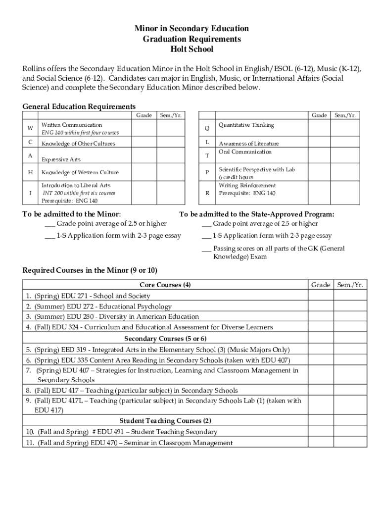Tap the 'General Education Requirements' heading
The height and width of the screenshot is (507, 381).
(79, 106)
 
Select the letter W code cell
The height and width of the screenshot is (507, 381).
(31, 128)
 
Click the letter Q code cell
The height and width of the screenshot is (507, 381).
(207, 128)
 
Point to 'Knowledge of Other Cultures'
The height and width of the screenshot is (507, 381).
(78, 144)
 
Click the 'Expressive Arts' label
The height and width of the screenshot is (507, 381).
(61, 159)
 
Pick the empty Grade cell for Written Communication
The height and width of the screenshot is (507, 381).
(144, 128)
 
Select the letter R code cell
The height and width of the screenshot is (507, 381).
(207, 193)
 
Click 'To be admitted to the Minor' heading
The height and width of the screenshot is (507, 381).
(72, 214)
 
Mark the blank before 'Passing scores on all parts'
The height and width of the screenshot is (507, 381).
(206, 249)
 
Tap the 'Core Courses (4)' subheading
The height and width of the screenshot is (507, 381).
(165, 285)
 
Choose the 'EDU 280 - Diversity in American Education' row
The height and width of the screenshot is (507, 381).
(117, 316)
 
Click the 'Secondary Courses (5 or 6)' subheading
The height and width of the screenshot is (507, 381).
(165, 339)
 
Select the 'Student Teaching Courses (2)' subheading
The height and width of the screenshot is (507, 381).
(165, 421)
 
